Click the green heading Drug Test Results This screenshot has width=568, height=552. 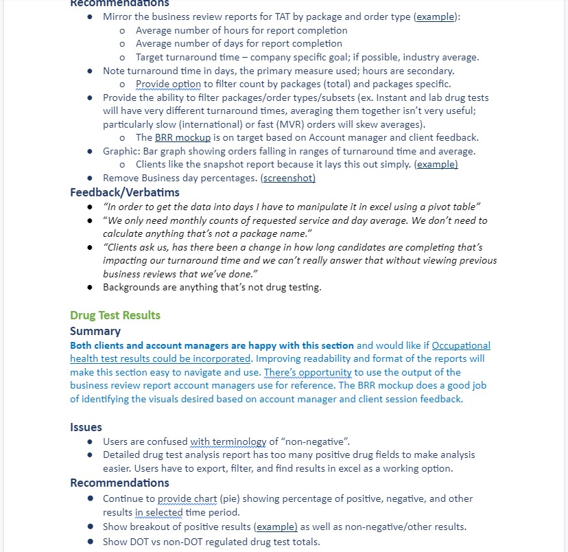click(x=115, y=315)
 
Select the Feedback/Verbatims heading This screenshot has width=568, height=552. click(x=124, y=192)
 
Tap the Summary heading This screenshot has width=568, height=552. click(x=95, y=331)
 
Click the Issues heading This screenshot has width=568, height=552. click(x=86, y=427)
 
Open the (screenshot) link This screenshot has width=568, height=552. click(x=288, y=178)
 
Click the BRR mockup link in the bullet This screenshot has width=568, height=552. click(x=182, y=137)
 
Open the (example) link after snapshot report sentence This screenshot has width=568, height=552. click(x=437, y=164)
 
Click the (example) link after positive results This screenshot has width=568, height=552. click(x=276, y=527)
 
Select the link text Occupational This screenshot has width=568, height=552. click(x=461, y=345)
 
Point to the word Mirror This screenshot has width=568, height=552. click(x=117, y=16)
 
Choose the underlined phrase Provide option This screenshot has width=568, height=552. click(x=168, y=84)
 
